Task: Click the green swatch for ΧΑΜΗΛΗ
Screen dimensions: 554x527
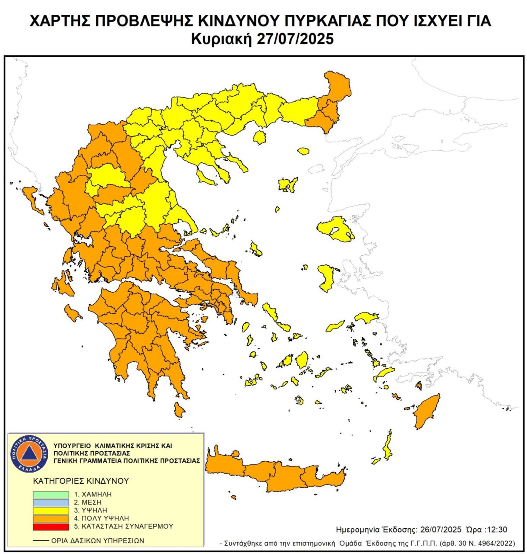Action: click(51, 494)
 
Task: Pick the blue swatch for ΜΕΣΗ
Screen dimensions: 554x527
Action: click(51, 502)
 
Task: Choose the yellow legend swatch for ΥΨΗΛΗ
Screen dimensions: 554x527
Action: click(51, 511)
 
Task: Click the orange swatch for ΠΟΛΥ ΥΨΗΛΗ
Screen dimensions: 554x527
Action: click(51, 519)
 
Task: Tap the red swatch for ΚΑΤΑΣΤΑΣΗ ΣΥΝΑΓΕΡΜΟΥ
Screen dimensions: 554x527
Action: click(51, 527)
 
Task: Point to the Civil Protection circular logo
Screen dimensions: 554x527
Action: click(29, 453)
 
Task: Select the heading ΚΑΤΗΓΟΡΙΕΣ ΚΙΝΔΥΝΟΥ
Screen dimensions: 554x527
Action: click(81, 481)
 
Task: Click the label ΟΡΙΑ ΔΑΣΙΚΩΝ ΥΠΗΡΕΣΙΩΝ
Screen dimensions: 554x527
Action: click(97, 541)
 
